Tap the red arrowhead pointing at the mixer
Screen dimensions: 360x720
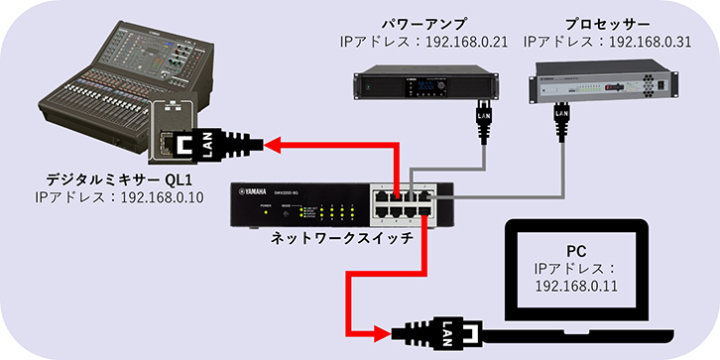tap(273, 146)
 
